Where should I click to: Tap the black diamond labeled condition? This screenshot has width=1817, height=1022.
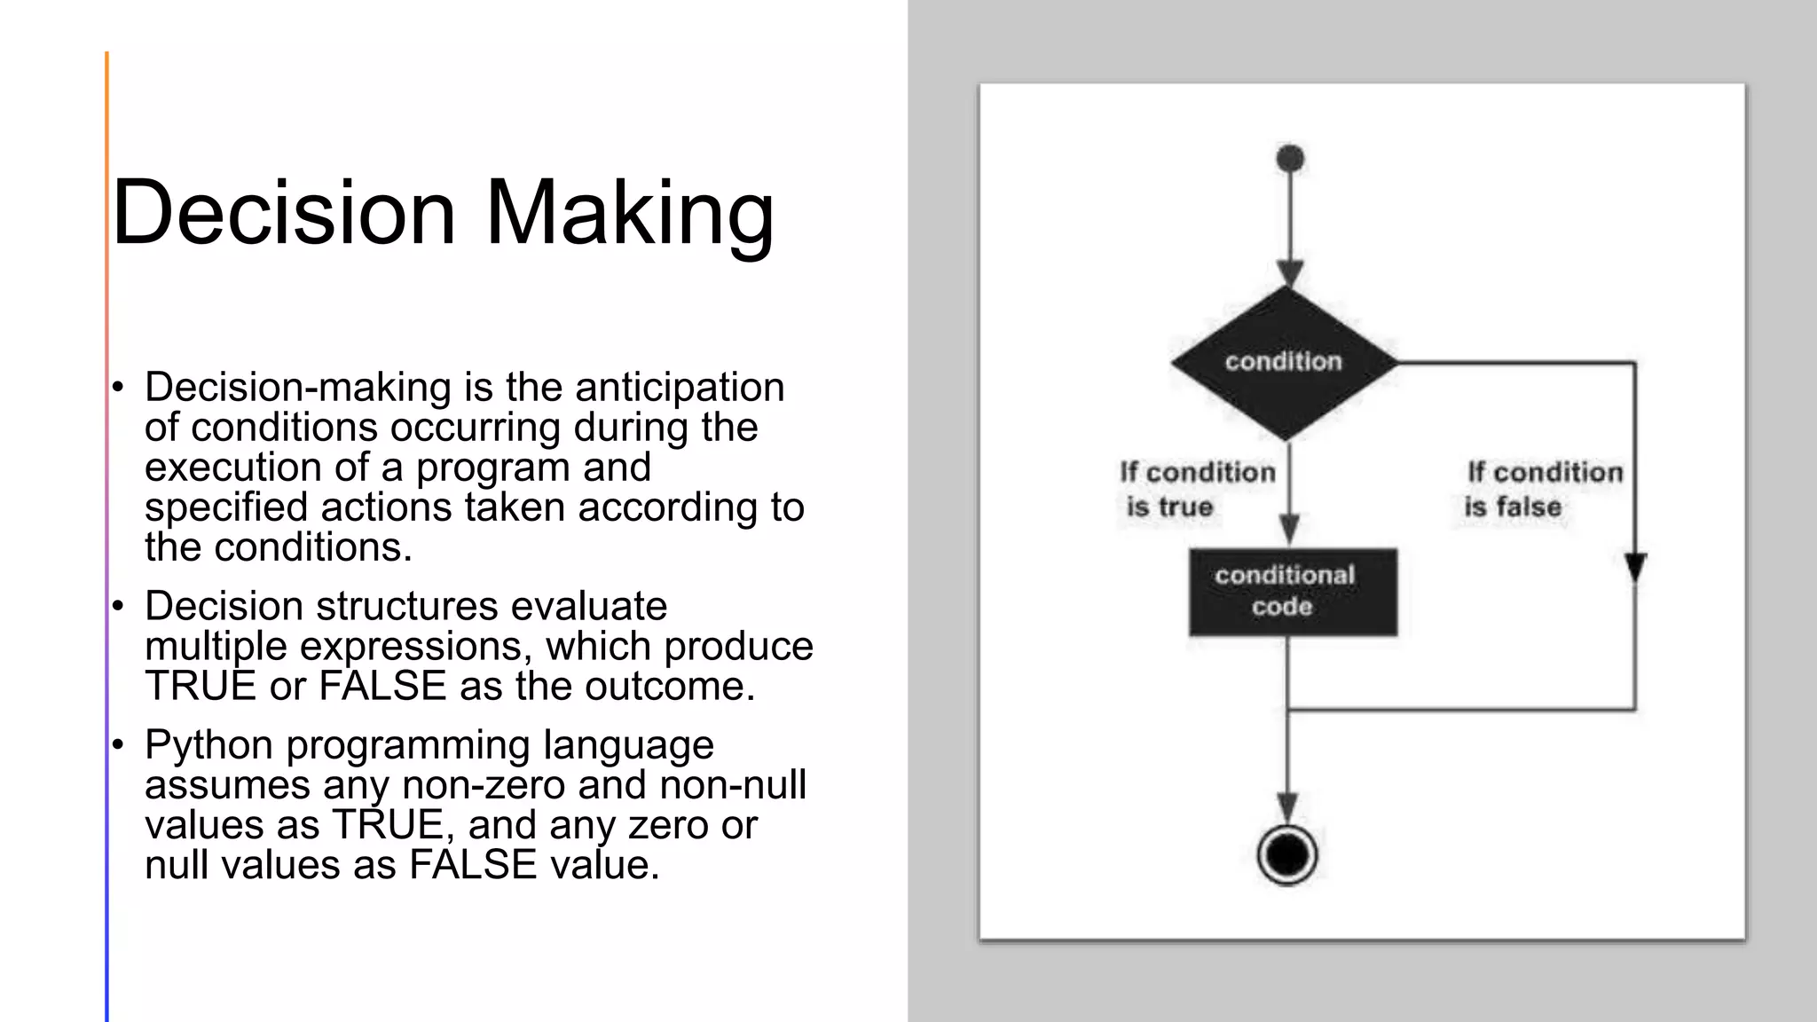click(1284, 362)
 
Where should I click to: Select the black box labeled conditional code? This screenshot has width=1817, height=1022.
click(1293, 591)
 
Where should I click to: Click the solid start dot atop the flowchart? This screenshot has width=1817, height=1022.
click(1290, 159)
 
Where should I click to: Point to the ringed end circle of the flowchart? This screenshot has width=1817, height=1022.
click(1287, 855)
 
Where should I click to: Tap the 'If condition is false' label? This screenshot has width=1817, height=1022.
click(1544, 489)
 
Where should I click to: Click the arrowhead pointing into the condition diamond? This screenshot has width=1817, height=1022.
click(1289, 272)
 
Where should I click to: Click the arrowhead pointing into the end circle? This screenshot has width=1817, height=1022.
click(1287, 806)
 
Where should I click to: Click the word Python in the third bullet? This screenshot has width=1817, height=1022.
click(208, 745)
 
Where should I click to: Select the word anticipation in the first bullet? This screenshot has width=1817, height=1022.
click(680, 388)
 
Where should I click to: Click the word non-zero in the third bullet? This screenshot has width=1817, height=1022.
click(483, 785)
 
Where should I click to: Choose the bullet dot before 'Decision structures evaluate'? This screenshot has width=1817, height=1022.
click(117, 607)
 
